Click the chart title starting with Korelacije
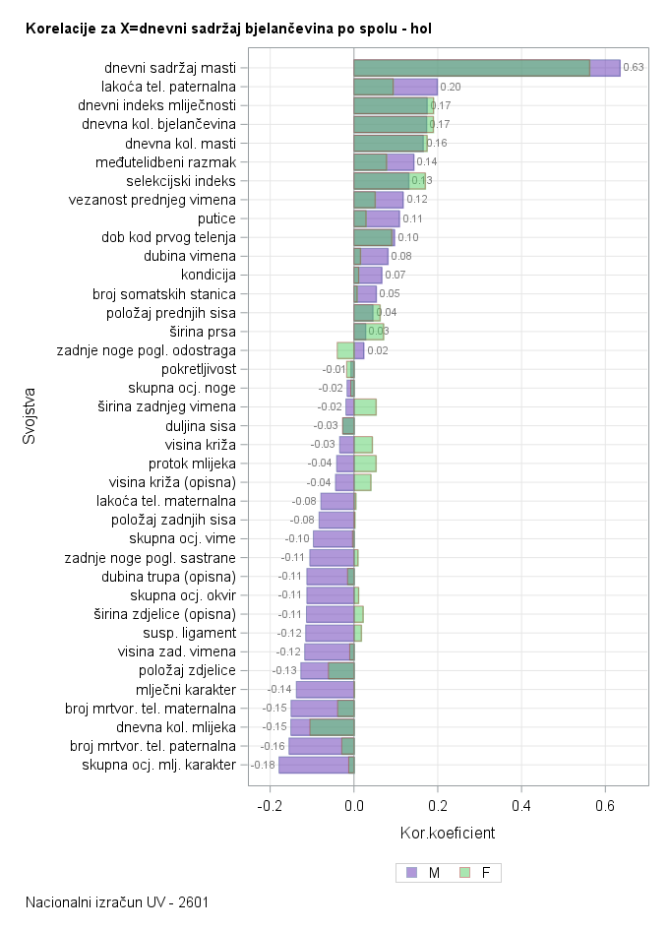pyautogui.click(x=228, y=30)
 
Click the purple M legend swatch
pyautogui.click(x=411, y=872)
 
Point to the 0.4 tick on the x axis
pyautogui.click(x=521, y=804)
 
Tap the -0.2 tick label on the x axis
pyautogui.click(x=269, y=804)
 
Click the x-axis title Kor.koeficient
pyautogui.click(x=448, y=834)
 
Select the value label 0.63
pyautogui.click(x=634, y=68)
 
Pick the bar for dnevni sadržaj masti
pyautogui.click(x=487, y=68)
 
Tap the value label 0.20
pyautogui.click(x=451, y=87)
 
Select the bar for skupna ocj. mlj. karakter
pyautogui.click(x=316, y=765)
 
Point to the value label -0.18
pyautogui.click(x=264, y=765)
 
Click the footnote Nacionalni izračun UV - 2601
pyautogui.click(x=117, y=901)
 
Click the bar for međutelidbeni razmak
pyautogui.click(x=384, y=161)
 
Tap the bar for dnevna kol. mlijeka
pyautogui.click(x=322, y=727)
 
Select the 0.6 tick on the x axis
pyautogui.click(x=605, y=804)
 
